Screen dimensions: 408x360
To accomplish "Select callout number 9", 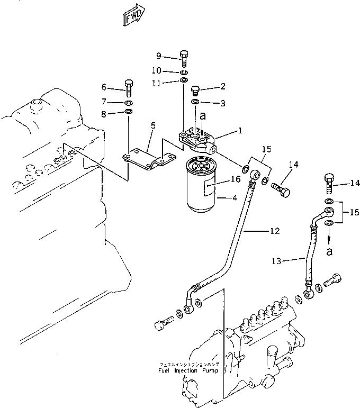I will click(158, 56).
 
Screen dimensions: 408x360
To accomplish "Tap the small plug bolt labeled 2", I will click(195, 88).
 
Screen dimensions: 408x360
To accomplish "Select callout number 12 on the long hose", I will click(274, 231).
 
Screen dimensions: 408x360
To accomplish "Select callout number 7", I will click(104, 101).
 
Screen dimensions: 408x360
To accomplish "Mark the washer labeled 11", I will click(183, 80).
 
